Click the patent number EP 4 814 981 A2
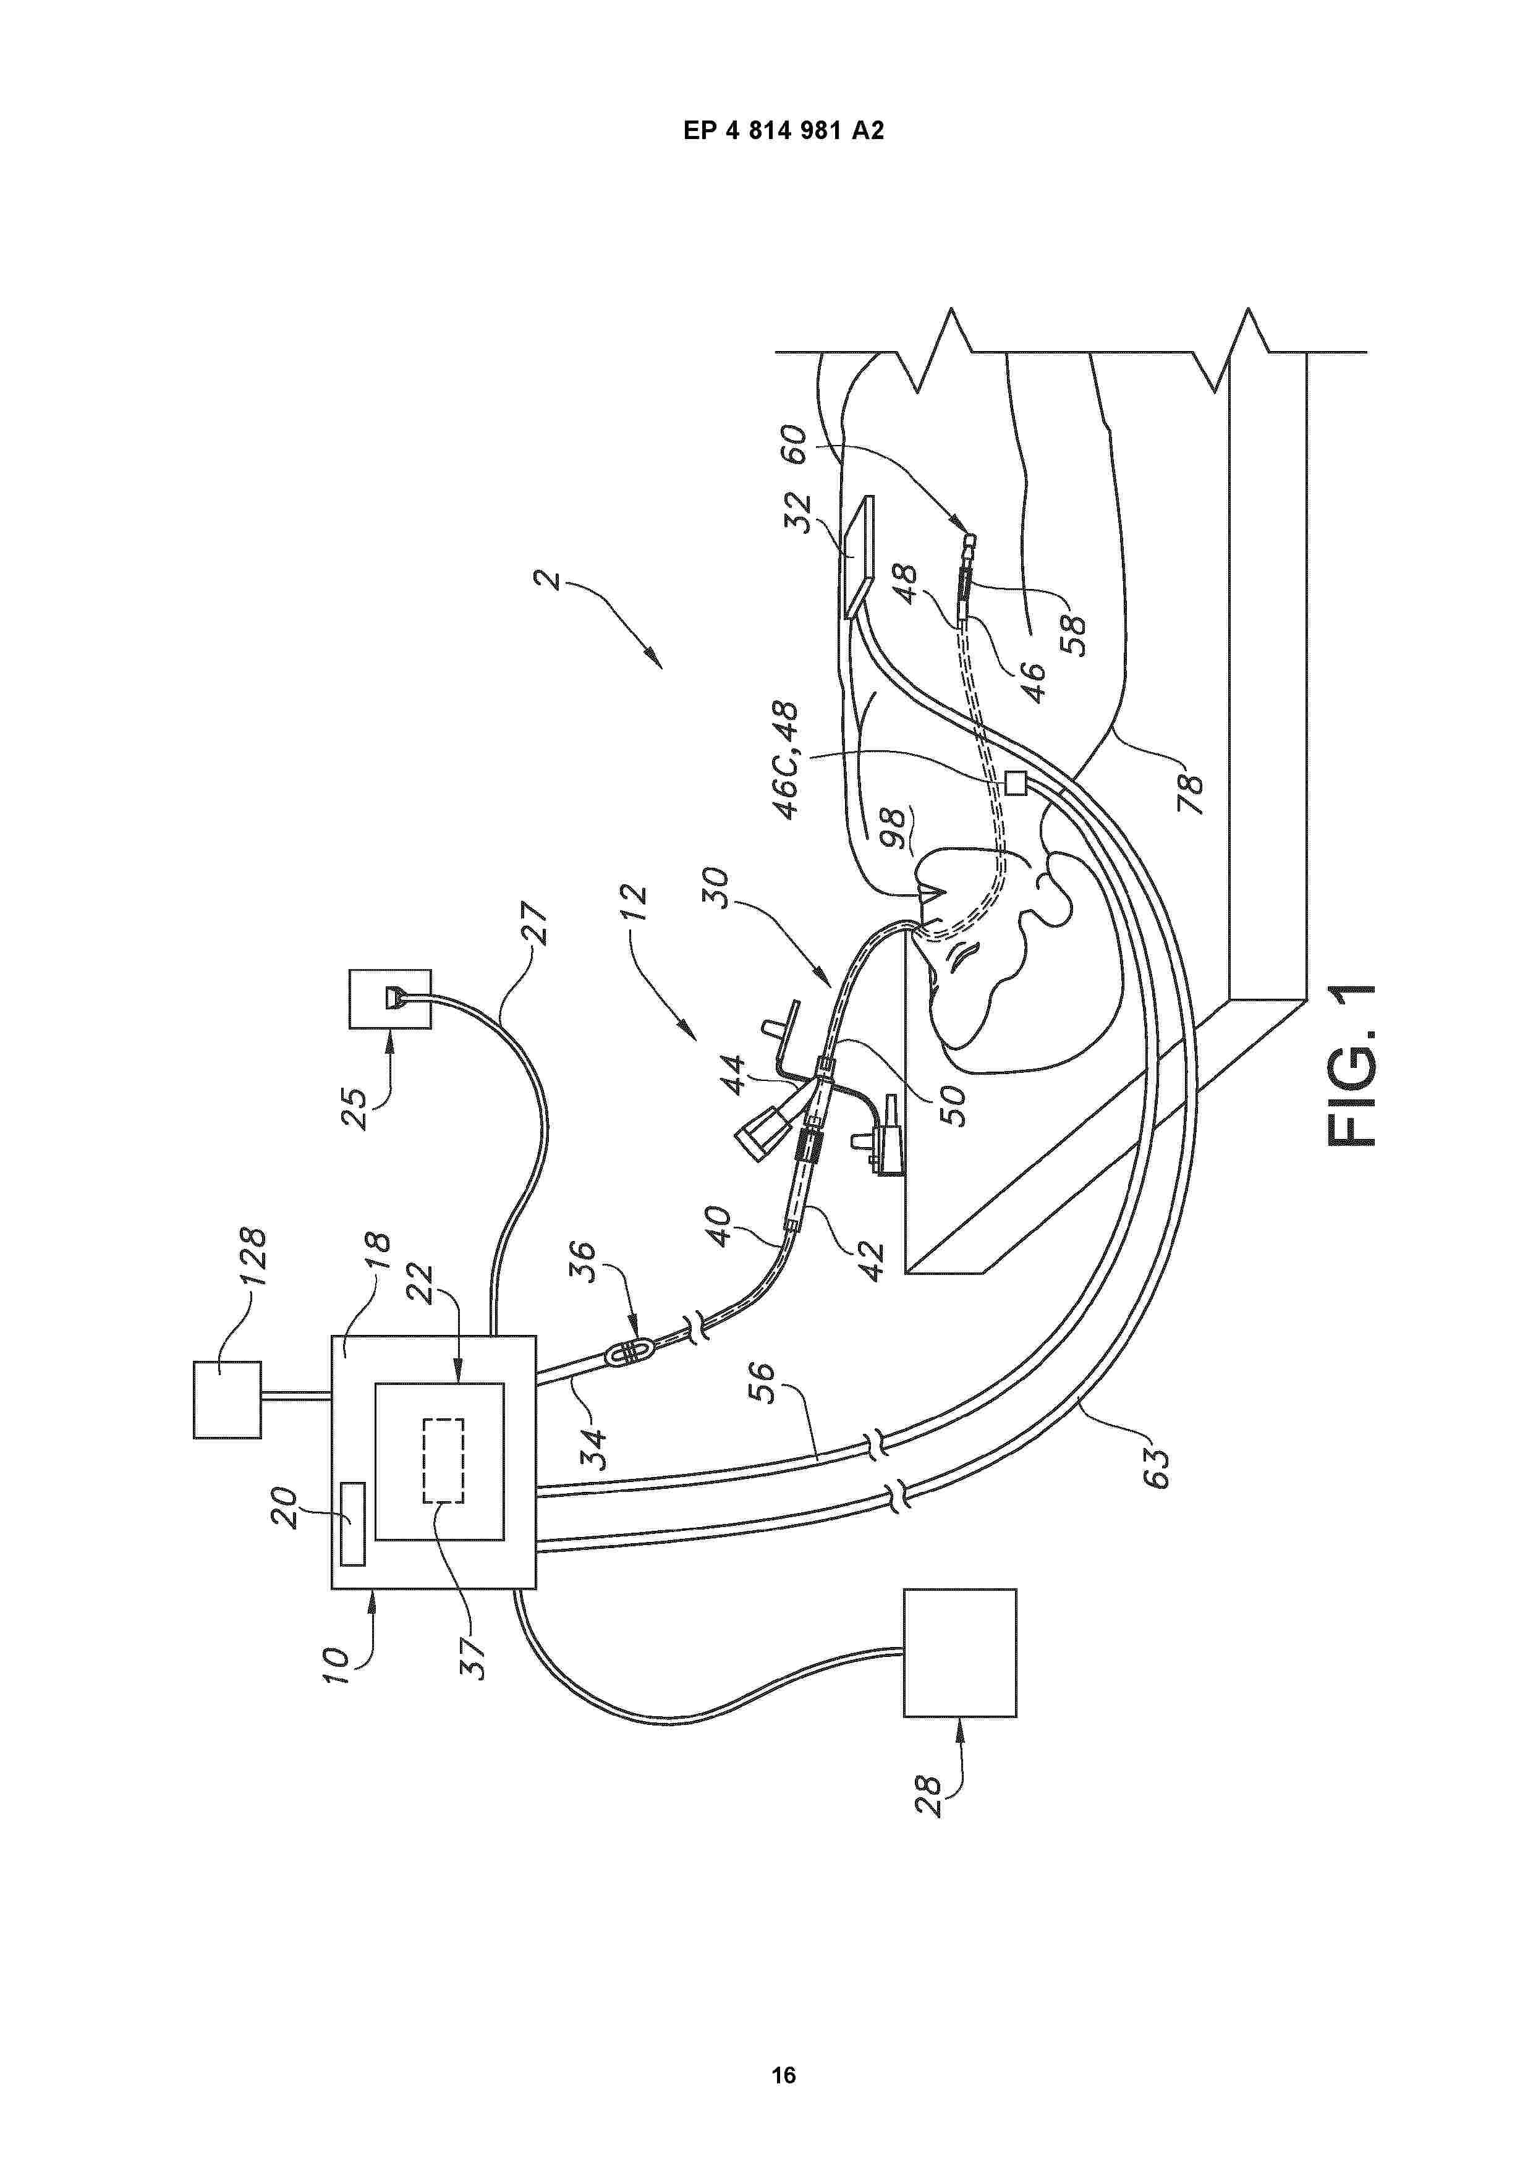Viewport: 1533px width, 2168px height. [783, 130]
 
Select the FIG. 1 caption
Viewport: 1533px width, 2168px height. [1352, 1067]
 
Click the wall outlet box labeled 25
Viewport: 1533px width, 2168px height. [390, 999]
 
